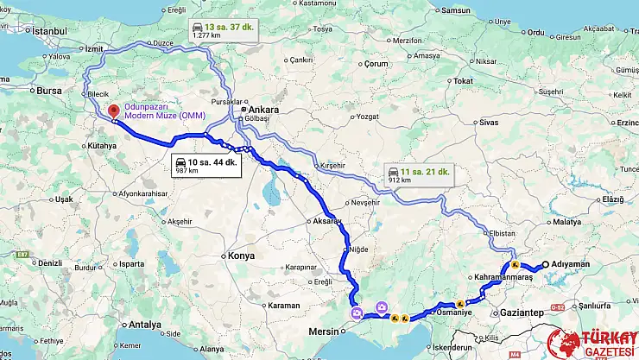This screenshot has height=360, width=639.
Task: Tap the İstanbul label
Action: point(47,31)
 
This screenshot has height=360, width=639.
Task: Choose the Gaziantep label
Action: point(522,312)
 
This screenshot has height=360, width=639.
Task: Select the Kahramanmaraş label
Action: point(506,278)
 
